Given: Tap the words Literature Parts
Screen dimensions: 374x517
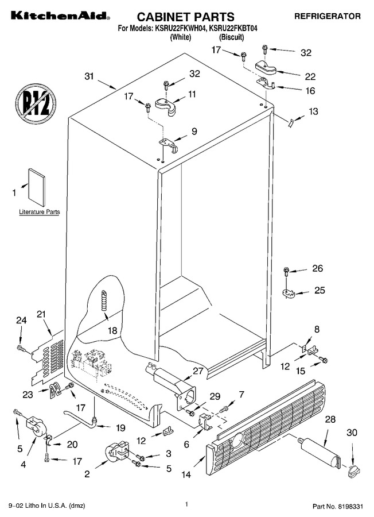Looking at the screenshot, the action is click(40, 211).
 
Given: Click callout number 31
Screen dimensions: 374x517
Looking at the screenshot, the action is click(89, 76).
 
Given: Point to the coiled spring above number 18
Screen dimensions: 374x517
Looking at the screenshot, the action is click(104, 300).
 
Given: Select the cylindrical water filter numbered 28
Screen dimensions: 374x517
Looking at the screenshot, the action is click(320, 452).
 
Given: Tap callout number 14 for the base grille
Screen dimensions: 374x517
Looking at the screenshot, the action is click(186, 474).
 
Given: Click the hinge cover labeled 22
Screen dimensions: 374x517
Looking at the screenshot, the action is click(267, 67).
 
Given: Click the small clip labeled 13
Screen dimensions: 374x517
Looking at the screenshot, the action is click(290, 124).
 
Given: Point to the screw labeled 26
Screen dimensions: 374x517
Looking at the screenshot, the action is click(286, 272).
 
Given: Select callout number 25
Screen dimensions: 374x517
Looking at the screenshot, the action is click(320, 290).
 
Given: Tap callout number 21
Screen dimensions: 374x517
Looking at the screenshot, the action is click(41, 314).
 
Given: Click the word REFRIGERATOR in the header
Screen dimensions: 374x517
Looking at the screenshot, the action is click(327, 16).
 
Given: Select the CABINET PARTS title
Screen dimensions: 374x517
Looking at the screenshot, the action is click(186, 17).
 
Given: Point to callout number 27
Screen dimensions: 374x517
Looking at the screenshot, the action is click(198, 371).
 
